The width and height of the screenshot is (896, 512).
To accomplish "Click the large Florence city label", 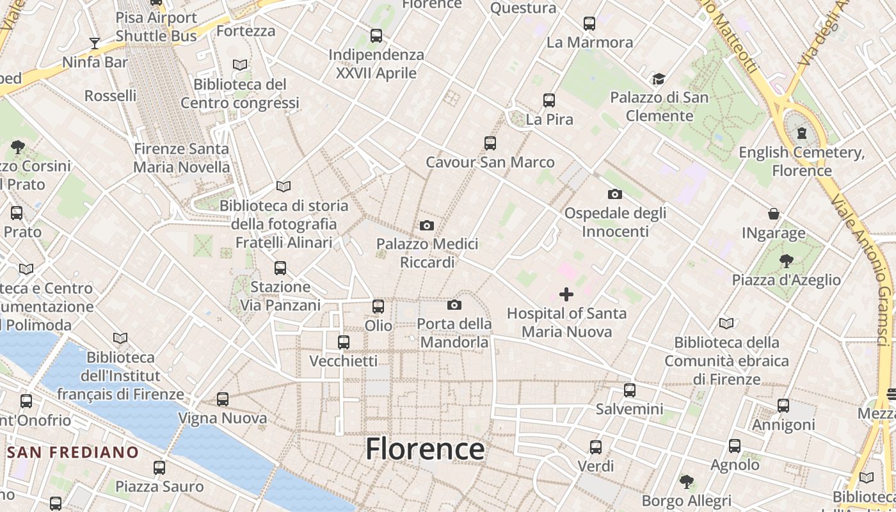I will point(425,449).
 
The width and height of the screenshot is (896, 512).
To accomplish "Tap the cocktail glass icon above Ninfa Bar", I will point(95,44).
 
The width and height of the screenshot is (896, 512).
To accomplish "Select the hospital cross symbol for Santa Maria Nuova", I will point(566,294).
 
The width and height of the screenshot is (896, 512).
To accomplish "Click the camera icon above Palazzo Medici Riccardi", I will point(427,225).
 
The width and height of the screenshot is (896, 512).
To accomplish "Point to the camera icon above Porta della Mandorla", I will point(454,305).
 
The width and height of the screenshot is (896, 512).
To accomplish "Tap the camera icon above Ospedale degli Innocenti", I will point(614,194).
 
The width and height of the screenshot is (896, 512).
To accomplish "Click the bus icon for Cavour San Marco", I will point(490,143).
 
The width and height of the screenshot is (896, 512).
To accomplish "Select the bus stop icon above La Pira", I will point(549,100).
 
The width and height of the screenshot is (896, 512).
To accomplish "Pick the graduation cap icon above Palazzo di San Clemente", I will point(659,79).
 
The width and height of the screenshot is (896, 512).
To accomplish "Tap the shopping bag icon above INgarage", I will point(774,214).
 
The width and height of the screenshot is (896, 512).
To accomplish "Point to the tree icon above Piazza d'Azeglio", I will point(787,260).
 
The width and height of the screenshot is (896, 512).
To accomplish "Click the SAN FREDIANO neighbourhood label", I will point(73,452).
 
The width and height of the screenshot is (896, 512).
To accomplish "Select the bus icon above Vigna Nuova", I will point(223,399).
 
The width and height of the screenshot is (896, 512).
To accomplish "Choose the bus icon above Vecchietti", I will point(344,342).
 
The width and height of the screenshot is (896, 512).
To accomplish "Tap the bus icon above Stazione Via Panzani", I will point(280,268).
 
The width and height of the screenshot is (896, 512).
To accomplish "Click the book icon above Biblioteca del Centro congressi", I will point(240,65).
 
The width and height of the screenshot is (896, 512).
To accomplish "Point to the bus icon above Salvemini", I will point(630,390).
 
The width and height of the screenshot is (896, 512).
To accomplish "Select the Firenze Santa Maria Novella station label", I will point(181,157).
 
